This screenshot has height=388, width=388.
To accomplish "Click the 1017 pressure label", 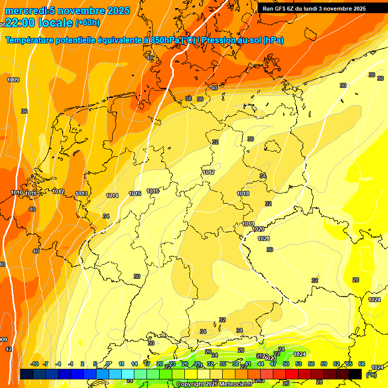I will tap(209, 173).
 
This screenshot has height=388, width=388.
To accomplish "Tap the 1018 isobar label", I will tap(243, 193).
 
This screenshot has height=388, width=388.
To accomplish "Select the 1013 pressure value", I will tap(81, 193).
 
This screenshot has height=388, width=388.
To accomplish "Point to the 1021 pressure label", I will tap(264, 238).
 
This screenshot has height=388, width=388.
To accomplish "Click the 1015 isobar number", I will tap(135, 193).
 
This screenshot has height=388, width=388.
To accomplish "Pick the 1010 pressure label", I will tap(17, 193).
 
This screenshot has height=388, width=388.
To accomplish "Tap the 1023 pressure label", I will tap(271, 358).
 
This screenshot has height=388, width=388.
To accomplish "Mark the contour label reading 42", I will tap(9, 349).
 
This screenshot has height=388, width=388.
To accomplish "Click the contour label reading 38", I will tap(188, 99).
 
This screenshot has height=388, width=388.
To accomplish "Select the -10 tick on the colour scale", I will tap(35, 364).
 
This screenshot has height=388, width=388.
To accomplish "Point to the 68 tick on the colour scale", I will tap(362, 364).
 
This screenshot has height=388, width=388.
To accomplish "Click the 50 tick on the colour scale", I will tap(286, 364).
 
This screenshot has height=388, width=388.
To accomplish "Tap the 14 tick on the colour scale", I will tap(134, 364).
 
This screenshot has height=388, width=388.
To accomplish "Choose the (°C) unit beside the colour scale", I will tap(371, 375).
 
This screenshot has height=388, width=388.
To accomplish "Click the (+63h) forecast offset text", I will tap(87, 23).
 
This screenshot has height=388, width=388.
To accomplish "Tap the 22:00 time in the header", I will tap(21, 22).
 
